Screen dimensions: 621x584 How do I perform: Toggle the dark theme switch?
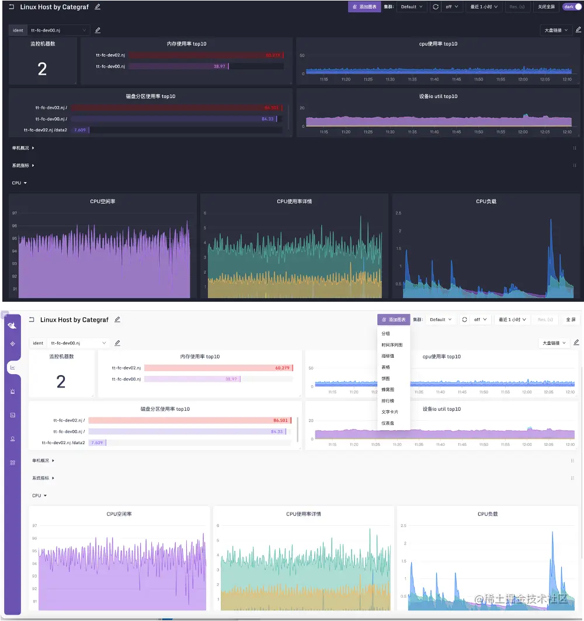572,7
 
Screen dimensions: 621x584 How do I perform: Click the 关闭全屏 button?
546,7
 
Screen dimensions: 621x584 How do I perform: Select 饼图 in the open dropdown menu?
385,379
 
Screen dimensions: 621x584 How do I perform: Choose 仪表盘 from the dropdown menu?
387,423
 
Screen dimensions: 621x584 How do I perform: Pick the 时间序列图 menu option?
392,345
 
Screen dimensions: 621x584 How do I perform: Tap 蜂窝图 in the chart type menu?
388,390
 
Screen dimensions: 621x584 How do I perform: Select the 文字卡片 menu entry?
390,412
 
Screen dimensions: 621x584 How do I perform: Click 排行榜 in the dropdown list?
388,401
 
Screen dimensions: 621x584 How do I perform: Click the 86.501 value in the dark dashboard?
272,108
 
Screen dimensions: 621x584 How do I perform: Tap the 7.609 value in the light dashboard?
97,443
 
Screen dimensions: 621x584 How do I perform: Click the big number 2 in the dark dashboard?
42,69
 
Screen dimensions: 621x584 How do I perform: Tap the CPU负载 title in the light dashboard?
488,514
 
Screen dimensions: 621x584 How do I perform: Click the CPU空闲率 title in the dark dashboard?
103,201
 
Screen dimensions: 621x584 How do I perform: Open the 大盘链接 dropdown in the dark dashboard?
556,30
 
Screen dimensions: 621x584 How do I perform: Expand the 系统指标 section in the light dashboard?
43,478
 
